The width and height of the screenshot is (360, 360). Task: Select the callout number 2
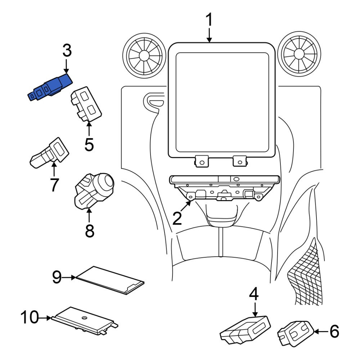tap(177, 219)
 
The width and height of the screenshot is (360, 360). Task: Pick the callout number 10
tap(30, 317)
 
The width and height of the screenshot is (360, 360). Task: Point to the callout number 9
tap(57, 277)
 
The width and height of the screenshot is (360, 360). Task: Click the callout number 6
tap(334, 331)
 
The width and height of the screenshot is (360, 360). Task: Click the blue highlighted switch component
tap(50, 87)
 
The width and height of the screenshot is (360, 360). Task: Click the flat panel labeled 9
tap(110, 280)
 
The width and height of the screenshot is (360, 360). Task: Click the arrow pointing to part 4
tap(255, 309)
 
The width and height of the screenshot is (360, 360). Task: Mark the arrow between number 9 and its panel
tap(69, 277)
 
